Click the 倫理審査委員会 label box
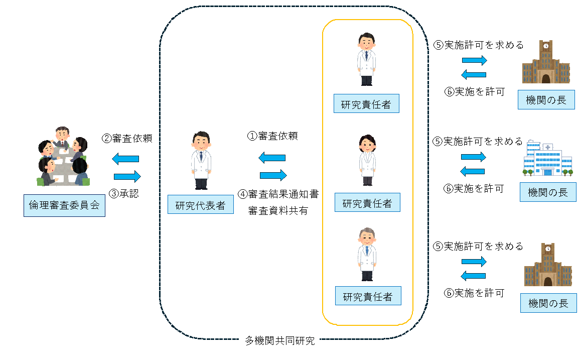pyautogui.click(x=64, y=205)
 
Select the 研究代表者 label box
pyautogui.click(x=200, y=205)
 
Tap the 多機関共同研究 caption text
pyautogui.click(x=280, y=341)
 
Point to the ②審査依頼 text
pyautogui.click(x=126, y=139)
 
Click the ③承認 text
pyautogui.click(x=124, y=193)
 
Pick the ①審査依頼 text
pyautogui.click(x=272, y=136)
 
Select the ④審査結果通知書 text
pyautogui.click(x=278, y=194)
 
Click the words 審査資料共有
pyautogui.click(x=278, y=211)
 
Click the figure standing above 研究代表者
pyautogui.click(x=201, y=160)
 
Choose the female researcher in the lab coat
pyautogui.click(x=367, y=160)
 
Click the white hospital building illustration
pyautogui.click(x=547, y=159)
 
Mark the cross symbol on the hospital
pyautogui.click(x=547, y=147)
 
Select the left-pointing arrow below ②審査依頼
pyautogui.click(x=125, y=159)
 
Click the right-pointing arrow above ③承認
pyautogui.click(x=127, y=176)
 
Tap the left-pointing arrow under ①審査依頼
pyautogui.click(x=272, y=158)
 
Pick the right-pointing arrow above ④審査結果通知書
pyautogui.click(x=273, y=175)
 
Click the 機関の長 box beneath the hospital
pyautogui.click(x=548, y=192)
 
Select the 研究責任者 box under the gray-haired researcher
pyautogui.click(x=367, y=296)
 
